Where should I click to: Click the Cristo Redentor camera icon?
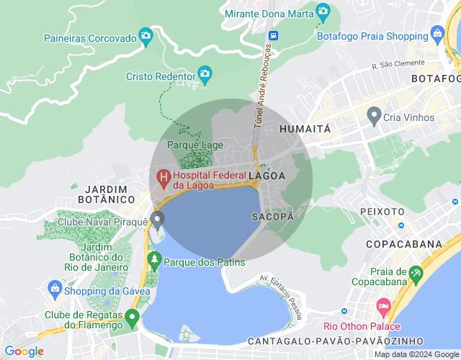pyautogui.click(x=205, y=73)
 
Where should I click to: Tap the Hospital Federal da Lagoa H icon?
pyautogui.click(x=164, y=176)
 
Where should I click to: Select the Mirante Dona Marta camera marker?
pyautogui.click(x=323, y=12)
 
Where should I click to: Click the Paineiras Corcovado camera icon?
pyautogui.click(x=146, y=35)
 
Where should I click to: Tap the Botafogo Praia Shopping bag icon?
pyautogui.click(x=437, y=33)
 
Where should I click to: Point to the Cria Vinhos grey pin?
pyautogui.click(x=374, y=114)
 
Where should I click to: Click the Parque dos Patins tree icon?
pyautogui.click(x=153, y=259)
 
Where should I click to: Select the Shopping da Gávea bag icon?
pyautogui.click(x=55, y=288)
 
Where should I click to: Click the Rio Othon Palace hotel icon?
pyautogui.click(x=382, y=307)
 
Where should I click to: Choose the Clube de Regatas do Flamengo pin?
pyautogui.click(x=132, y=316)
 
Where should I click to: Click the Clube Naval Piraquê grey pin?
pyautogui.click(x=158, y=219)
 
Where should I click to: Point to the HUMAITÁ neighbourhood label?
pyautogui.click(x=304, y=129)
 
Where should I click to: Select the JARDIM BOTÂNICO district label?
pyautogui.click(x=105, y=193)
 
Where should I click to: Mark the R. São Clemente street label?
pyautogui.click(x=395, y=66)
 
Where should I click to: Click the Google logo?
pyautogui.click(x=24, y=351)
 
